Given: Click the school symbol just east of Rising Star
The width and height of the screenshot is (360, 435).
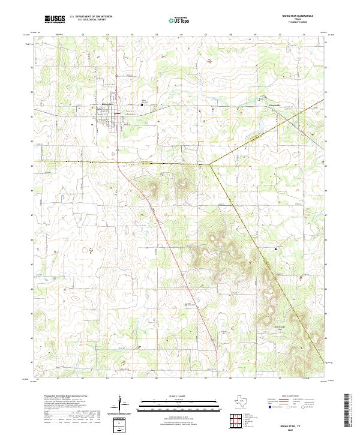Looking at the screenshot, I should coord(142,104).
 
